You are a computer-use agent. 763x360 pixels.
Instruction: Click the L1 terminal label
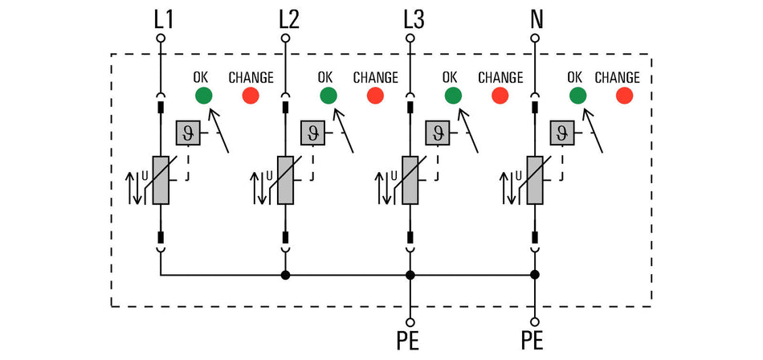[163, 20]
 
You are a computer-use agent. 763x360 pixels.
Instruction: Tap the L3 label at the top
[414, 20]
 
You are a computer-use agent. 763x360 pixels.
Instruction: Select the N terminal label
[537, 20]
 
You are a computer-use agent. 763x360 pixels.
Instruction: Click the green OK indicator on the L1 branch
[203, 96]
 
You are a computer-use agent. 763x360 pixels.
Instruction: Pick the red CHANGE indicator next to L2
[375, 96]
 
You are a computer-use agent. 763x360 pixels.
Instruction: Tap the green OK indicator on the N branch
[577, 96]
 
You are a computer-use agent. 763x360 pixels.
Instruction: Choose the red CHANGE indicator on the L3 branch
[500, 96]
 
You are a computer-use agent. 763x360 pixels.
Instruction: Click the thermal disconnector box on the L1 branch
[188, 133]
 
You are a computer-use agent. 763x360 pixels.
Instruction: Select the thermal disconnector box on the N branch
[562, 133]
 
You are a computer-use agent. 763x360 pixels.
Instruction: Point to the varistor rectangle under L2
[285, 180]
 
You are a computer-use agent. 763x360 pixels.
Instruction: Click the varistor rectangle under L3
[410, 180]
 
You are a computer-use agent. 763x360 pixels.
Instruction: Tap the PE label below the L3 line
[408, 342]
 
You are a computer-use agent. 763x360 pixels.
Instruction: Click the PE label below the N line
[532, 342]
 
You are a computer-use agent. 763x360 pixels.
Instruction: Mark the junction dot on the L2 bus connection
[286, 276]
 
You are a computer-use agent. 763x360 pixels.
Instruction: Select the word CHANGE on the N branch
[617, 77]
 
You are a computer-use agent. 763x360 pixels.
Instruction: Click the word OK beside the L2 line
[325, 77]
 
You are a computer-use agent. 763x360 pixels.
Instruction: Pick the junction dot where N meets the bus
[535, 276]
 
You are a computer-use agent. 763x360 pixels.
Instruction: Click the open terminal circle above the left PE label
[410, 322]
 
